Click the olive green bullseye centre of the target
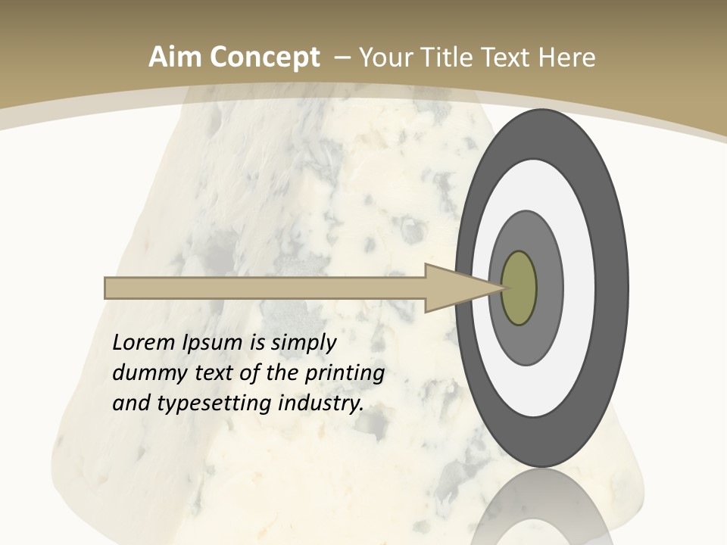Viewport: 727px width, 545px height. point(519,288)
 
